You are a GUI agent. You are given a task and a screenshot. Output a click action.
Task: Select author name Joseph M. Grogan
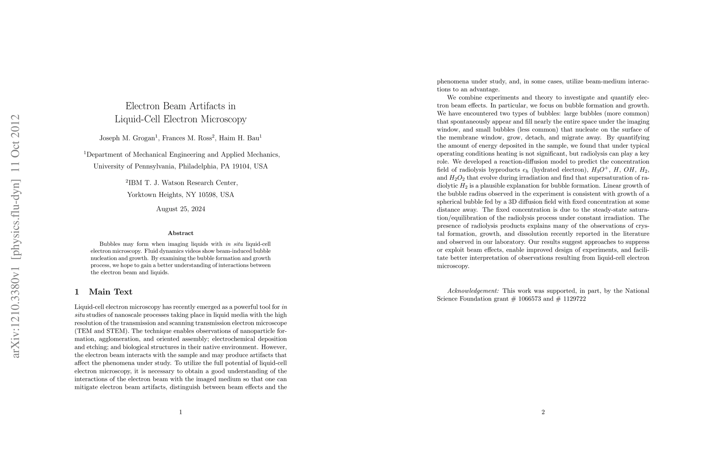click(x=127, y=138)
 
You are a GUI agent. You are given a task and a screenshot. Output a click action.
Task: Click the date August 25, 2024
click(x=181, y=209)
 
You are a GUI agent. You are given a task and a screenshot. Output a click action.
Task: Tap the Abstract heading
click(x=181, y=233)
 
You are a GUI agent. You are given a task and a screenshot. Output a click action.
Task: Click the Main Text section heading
click(x=110, y=292)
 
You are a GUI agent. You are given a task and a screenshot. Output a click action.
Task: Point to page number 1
click(x=181, y=412)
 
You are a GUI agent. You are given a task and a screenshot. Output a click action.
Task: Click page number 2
click(x=543, y=412)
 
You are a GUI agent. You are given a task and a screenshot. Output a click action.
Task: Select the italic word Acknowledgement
click(x=473, y=291)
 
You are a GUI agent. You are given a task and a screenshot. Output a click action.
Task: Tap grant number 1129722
click(x=574, y=299)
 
